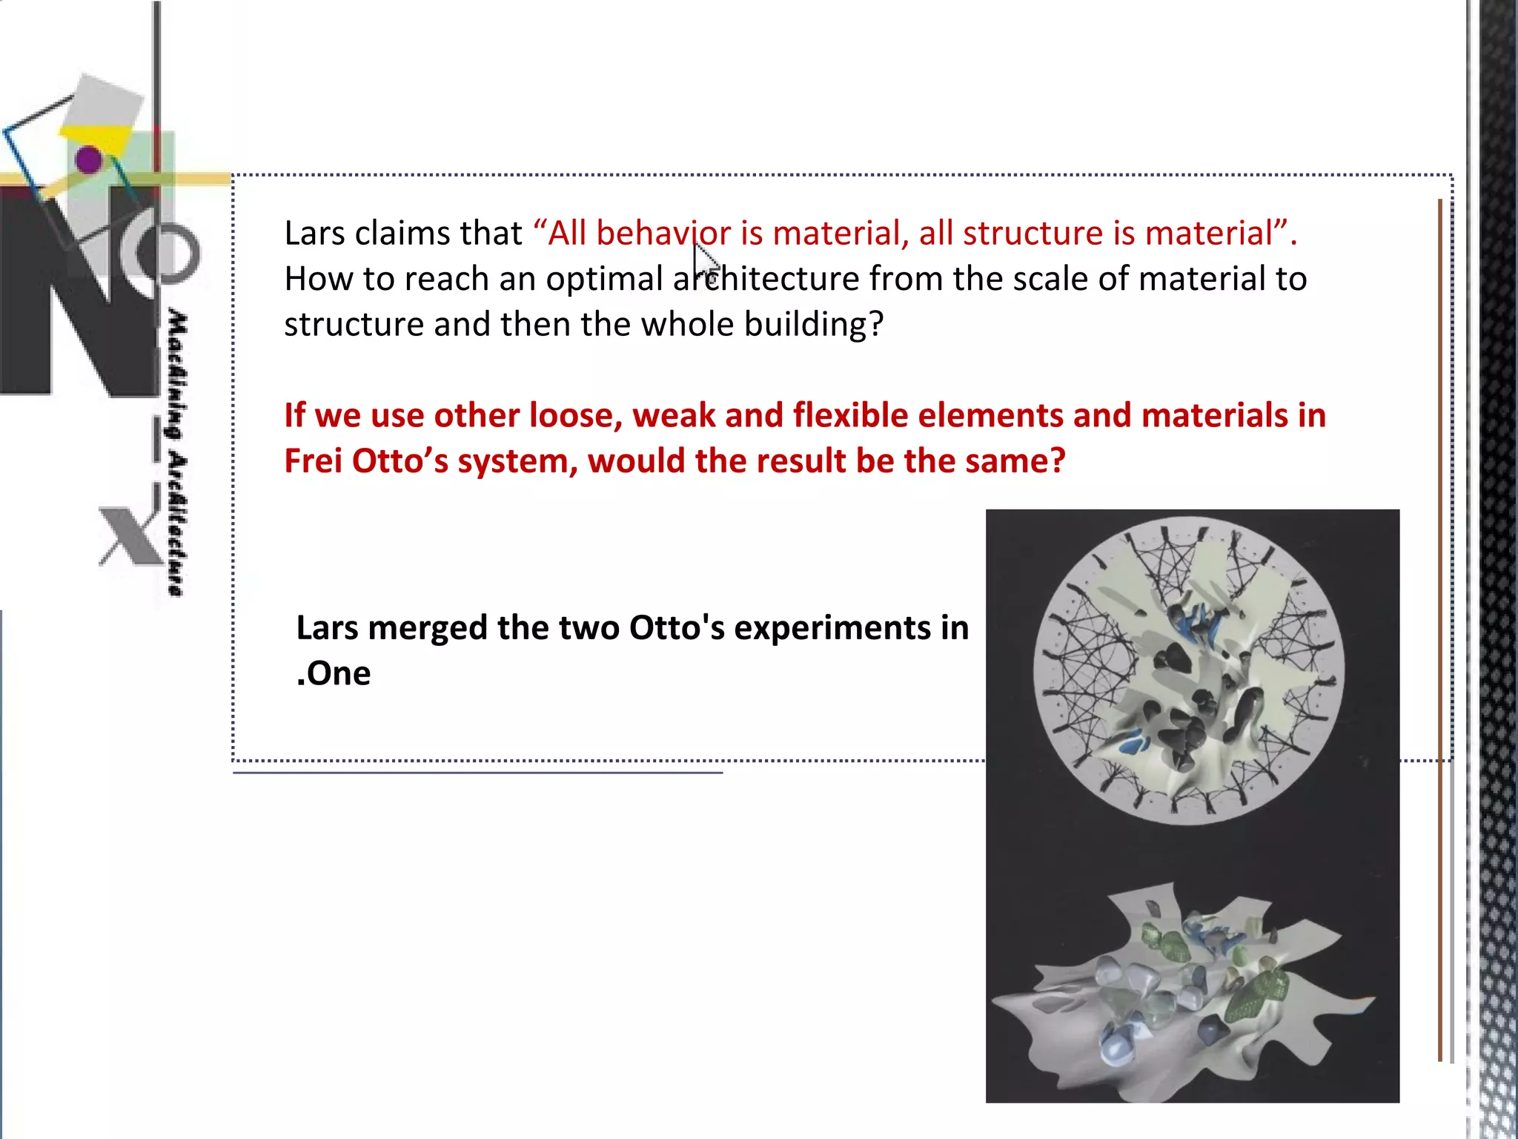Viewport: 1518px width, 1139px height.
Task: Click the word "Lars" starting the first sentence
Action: tap(314, 234)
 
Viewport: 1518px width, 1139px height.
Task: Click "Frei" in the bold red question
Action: tap(313, 461)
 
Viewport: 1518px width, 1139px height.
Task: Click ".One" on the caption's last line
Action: tap(334, 673)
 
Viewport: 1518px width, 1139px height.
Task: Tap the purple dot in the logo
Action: tap(89, 159)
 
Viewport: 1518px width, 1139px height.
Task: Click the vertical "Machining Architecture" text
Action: tap(176, 452)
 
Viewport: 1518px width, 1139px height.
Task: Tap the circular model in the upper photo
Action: tap(1187, 671)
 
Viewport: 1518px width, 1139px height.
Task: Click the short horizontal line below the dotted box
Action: tap(477, 773)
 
